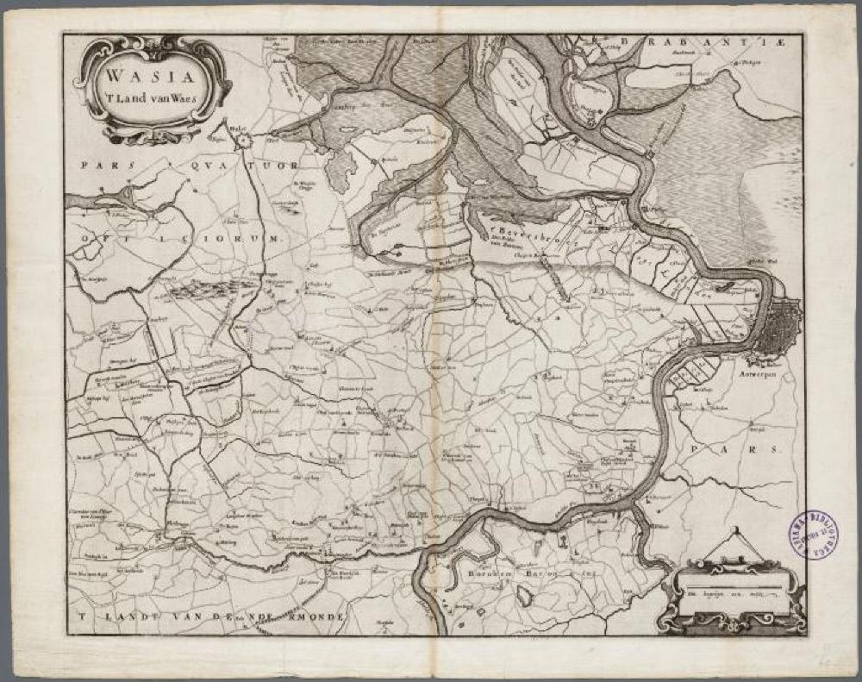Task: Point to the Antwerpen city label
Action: click(x=777, y=376)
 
